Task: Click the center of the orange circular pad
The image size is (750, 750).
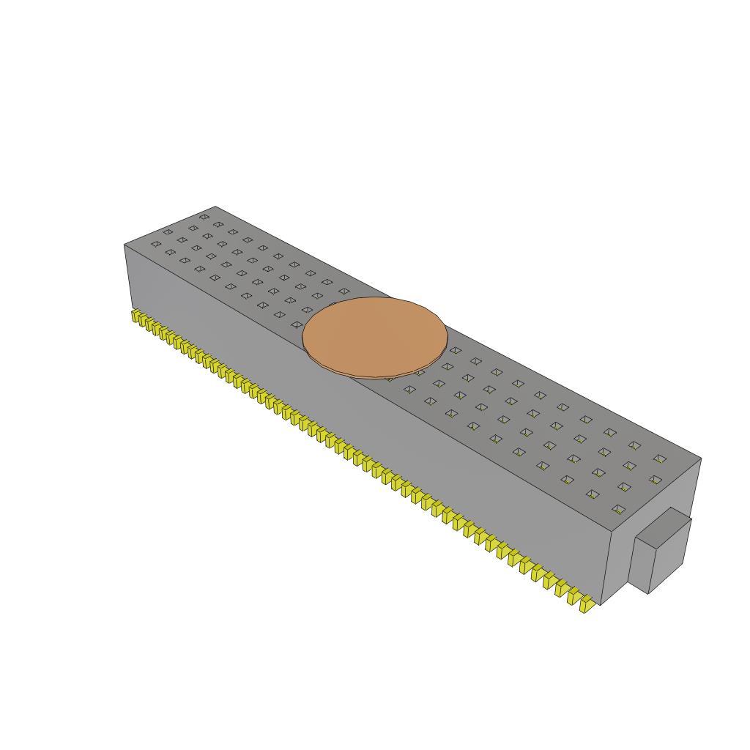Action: click(375, 336)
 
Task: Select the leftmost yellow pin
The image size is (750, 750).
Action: click(135, 316)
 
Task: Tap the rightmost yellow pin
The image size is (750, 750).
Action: click(584, 605)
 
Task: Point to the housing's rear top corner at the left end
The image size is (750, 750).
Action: click(215, 207)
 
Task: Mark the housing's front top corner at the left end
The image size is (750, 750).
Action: click(125, 245)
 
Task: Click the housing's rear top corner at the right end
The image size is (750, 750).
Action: click(701, 459)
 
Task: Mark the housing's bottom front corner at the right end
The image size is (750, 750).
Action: click(601, 604)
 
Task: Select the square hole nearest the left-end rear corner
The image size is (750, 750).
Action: click(204, 217)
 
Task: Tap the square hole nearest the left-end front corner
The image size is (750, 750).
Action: click(156, 244)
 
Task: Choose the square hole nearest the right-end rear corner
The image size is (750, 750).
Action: click(660, 459)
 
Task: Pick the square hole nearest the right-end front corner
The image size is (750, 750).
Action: click(618, 509)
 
